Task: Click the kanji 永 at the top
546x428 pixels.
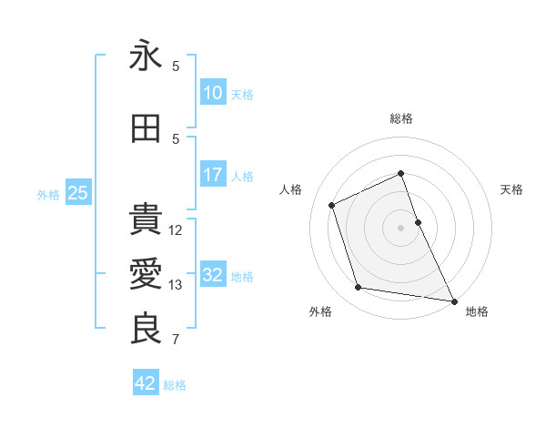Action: [x=146, y=56]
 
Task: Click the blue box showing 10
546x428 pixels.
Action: [x=213, y=93]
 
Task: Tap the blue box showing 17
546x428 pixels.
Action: [x=213, y=175]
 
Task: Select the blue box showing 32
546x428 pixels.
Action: [x=213, y=275]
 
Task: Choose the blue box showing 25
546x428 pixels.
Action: [x=77, y=193]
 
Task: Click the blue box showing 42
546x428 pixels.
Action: [x=146, y=383]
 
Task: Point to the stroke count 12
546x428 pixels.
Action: [x=177, y=230]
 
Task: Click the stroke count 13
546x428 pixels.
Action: [x=177, y=285]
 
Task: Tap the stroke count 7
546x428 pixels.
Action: [x=176, y=340]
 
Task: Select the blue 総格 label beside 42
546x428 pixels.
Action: [x=175, y=385]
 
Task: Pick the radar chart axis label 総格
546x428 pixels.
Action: [x=401, y=118]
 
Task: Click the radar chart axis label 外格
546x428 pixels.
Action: [x=320, y=311]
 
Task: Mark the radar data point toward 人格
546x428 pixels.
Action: [x=332, y=205]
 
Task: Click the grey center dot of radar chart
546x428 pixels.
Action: [x=401, y=227]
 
